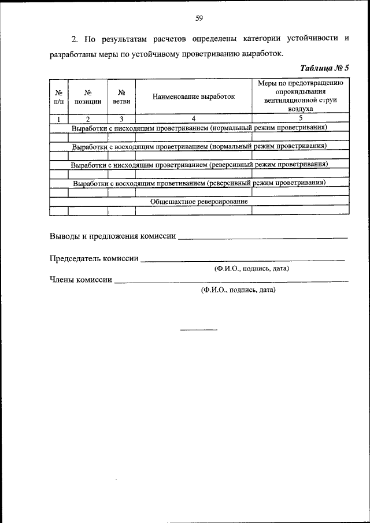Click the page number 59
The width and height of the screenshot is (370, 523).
(198, 18)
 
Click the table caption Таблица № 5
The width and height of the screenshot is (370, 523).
(325, 68)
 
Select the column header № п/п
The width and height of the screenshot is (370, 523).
(58, 96)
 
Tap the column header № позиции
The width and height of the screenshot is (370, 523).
(88, 96)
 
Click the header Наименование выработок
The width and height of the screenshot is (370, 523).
(194, 97)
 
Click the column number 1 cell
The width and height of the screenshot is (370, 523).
(58, 119)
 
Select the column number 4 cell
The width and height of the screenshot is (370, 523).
(194, 119)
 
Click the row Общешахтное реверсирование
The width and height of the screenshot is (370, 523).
(199, 202)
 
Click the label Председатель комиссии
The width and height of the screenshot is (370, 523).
(94, 258)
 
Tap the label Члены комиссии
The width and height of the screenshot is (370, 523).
(81, 280)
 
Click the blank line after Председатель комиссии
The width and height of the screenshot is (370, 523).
(243, 261)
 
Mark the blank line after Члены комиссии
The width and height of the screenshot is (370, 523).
(231, 283)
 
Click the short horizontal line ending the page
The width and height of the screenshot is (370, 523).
(198, 330)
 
